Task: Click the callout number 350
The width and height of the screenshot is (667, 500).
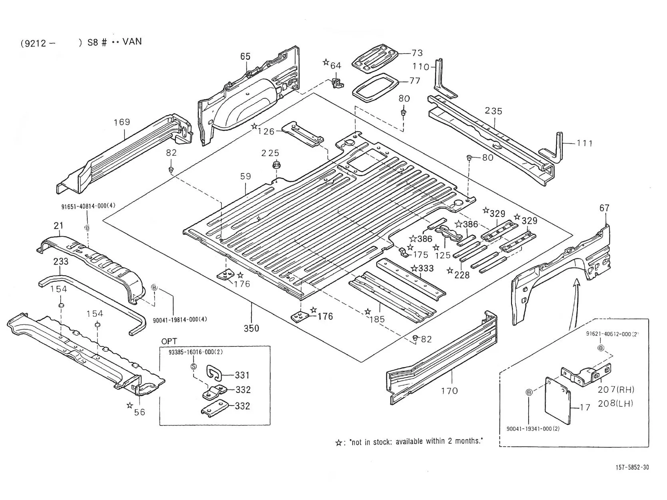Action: pyautogui.click(x=251, y=329)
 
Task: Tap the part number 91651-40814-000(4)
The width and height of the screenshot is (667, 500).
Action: pyautogui.click(x=88, y=206)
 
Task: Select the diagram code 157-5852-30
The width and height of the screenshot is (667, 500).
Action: pyautogui.click(x=632, y=468)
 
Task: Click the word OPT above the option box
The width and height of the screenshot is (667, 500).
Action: pyautogui.click(x=169, y=341)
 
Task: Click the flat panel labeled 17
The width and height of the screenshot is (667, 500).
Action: pyautogui.click(x=558, y=401)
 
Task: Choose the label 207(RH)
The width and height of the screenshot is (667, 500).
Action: pyautogui.click(x=616, y=389)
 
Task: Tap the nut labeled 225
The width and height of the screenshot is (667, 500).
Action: pyautogui.click(x=276, y=166)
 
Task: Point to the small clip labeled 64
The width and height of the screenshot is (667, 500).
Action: pyautogui.click(x=337, y=83)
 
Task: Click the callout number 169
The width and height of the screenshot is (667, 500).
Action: pyautogui.click(x=122, y=122)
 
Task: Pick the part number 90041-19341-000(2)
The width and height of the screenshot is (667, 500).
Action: pyautogui.click(x=533, y=429)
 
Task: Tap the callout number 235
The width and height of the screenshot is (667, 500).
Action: pyautogui.click(x=494, y=111)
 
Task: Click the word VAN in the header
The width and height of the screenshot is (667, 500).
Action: pyautogui.click(x=132, y=41)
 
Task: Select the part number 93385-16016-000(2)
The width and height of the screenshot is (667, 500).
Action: pyautogui.click(x=196, y=352)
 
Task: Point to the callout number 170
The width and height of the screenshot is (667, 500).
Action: pyautogui.click(x=450, y=391)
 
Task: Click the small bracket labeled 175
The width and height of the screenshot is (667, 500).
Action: pyautogui.click(x=403, y=252)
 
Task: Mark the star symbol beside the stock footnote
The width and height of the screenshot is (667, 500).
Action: pyautogui.click(x=338, y=443)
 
